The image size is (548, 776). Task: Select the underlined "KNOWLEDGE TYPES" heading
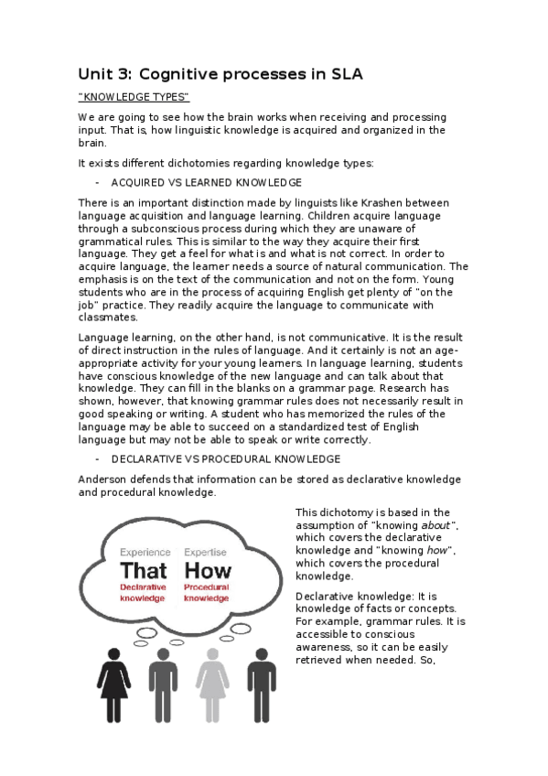134,97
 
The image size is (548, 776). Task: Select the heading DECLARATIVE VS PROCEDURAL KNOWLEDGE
226,458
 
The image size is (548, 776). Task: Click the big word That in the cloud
144,571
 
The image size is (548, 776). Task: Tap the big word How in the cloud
208,571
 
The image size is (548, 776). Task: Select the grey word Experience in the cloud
145,552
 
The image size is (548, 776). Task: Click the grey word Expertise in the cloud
206,552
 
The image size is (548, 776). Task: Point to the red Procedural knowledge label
207,592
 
